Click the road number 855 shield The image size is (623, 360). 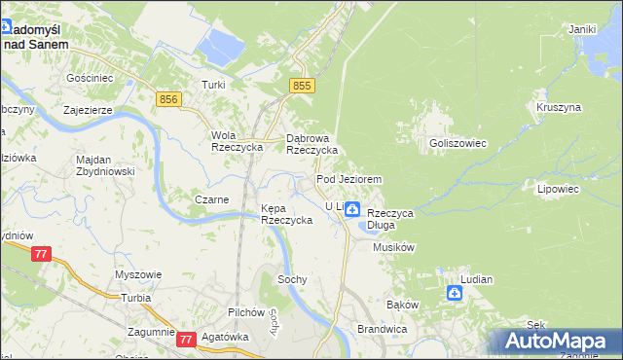pyautogui.click(x=303, y=87)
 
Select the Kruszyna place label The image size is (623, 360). pyautogui.click(x=558, y=106)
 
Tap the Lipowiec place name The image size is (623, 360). pyautogui.click(x=558, y=190)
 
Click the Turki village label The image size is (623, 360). pyautogui.click(x=213, y=85)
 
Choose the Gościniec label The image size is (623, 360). pyautogui.click(x=90, y=77)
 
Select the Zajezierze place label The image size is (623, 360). pyautogui.click(x=89, y=111)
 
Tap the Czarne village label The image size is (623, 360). pyautogui.click(x=212, y=199)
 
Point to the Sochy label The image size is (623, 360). pyautogui.click(x=292, y=279)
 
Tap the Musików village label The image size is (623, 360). pyautogui.click(x=394, y=247)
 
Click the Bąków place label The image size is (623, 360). pyautogui.click(x=402, y=305)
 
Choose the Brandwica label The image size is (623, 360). pyautogui.click(x=381, y=330)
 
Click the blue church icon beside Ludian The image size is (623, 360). pyautogui.click(x=455, y=293)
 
